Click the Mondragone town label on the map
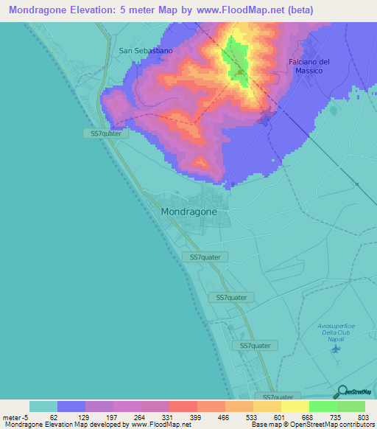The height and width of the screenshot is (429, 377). [x=188, y=211]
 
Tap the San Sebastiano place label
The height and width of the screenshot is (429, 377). [x=146, y=51]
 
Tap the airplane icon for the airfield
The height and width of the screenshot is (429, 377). [x=337, y=348]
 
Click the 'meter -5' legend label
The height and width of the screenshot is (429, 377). [x=15, y=417]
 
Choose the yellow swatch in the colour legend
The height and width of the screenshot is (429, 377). [x=295, y=406]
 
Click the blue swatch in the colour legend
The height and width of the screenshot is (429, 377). [x=71, y=406]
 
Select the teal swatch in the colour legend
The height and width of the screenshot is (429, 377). [x=43, y=406]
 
